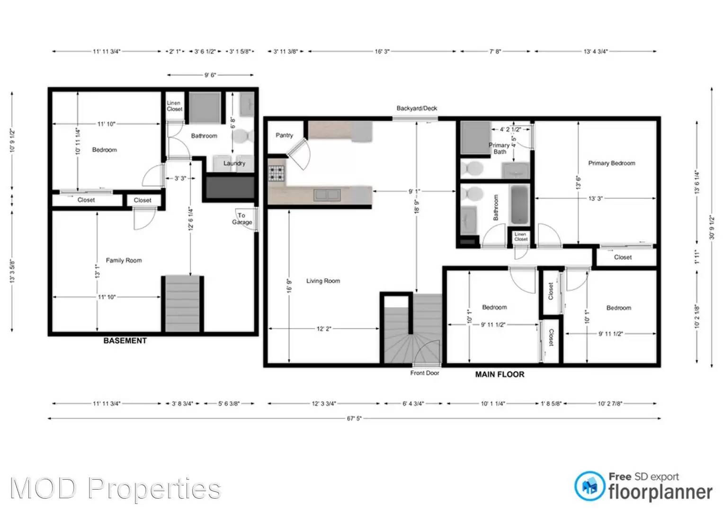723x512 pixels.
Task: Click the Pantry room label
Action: click(284, 136)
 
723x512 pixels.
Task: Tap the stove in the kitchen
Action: click(277, 173)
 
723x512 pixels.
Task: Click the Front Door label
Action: click(425, 373)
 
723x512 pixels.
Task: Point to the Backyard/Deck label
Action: click(417, 109)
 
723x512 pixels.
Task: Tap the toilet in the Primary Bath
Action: click(473, 168)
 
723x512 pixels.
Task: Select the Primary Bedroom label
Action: click(611, 163)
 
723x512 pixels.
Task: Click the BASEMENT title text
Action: click(125, 341)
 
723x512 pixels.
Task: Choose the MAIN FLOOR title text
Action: click(500, 375)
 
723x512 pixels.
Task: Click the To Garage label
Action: click(242, 219)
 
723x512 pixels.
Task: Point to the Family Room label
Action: click(124, 260)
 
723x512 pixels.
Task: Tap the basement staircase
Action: click(182, 303)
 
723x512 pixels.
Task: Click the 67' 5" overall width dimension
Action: click(354, 419)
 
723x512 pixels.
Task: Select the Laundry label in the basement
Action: click(234, 163)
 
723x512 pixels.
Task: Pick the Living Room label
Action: click(323, 281)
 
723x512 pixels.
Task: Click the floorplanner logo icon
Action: click(589, 486)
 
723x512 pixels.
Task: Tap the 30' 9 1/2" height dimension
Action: click(712, 227)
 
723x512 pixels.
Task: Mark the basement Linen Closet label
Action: click(174, 106)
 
